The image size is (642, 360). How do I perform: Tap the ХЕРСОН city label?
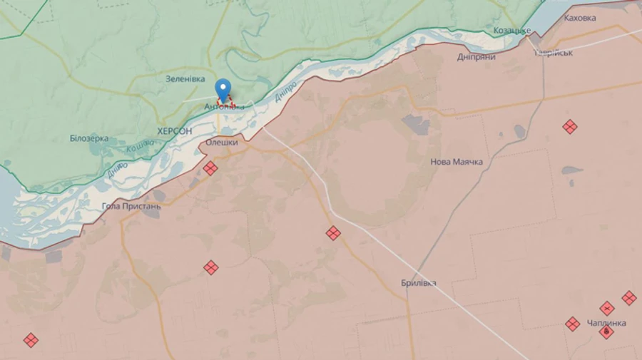click(x=174, y=131)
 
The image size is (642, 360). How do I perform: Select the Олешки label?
click(x=221, y=143)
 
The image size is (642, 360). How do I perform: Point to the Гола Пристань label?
click(x=131, y=207)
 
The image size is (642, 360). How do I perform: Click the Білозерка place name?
click(x=89, y=138)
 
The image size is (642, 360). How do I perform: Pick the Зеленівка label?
click(x=185, y=79)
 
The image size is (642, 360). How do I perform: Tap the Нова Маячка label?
click(x=457, y=162)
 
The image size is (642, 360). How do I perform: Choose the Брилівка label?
click(x=419, y=283)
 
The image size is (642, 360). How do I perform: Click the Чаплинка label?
click(x=606, y=323)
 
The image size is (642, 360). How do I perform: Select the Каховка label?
click(x=579, y=18)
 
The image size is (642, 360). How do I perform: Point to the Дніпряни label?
click(x=477, y=56)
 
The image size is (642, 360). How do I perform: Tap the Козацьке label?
click(x=512, y=31)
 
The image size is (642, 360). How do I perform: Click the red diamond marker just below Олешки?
click(x=210, y=168)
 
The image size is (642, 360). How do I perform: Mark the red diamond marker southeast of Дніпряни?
click(x=569, y=127)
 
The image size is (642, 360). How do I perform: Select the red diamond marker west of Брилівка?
click(x=333, y=233)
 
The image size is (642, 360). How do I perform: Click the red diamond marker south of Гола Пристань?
click(x=210, y=268)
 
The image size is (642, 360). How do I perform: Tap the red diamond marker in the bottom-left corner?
click(x=31, y=340)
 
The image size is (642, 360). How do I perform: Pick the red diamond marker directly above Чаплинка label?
click(x=607, y=308)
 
